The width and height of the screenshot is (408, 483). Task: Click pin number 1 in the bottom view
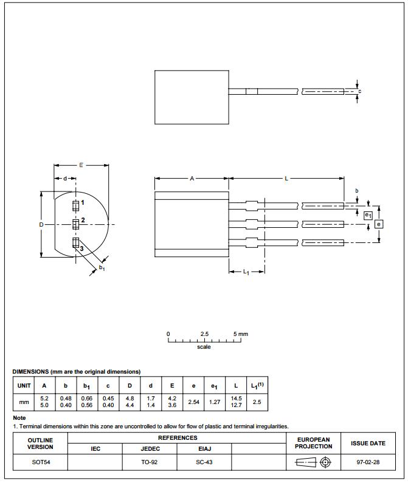tap(82, 202)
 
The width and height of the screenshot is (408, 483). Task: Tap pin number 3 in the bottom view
tap(81, 248)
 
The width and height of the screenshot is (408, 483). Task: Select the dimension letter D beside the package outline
tap(41, 225)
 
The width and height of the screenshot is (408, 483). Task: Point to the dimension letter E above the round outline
tap(81, 165)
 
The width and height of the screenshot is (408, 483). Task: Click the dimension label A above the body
tap(192, 179)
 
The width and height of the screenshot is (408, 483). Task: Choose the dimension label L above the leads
tap(286, 179)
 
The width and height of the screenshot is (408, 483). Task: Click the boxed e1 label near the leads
tap(368, 216)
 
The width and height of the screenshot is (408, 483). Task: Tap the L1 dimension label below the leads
tap(246, 272)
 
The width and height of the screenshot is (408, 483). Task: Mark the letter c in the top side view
tap(360, 92)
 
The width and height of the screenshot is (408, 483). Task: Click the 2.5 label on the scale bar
tap(204, 334)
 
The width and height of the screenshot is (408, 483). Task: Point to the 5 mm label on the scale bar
tap(241, 334)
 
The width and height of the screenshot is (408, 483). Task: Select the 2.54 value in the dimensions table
tap(193, 402)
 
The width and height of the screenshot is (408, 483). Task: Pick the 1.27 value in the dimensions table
tap(214, 402)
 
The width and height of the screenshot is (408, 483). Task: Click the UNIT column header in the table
tap(24, 385)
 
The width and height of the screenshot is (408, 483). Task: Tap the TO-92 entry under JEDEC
tap(150, 462)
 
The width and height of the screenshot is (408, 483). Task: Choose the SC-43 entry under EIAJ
tap(204, 462)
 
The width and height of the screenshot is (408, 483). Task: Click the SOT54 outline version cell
tap(41, 462)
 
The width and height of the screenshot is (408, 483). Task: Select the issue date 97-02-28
tap(368, 462)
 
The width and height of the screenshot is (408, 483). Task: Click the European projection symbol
tap(313, 462)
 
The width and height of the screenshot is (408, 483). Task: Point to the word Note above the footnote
tap(19, 418)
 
